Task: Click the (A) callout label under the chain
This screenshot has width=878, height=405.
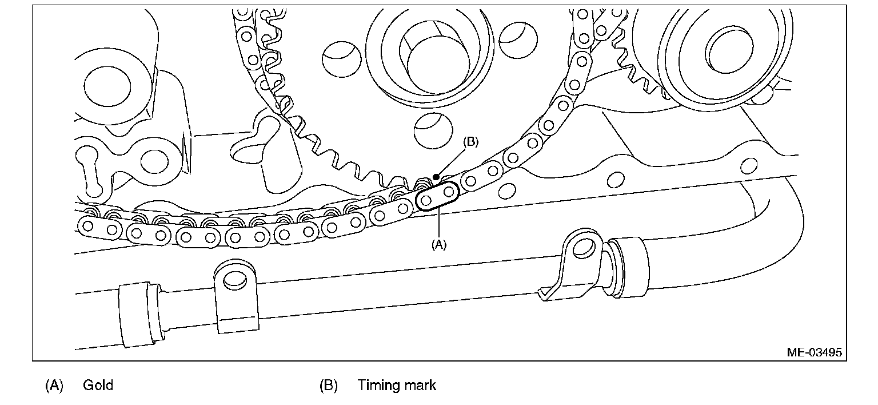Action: tap(438, 244)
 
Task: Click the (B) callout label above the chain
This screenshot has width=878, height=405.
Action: tap(470, 142)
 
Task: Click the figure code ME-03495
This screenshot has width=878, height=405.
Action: tap(814, 352)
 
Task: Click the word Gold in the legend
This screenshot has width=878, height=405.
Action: tap(98, 385)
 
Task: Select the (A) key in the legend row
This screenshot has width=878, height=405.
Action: tap(54, 385)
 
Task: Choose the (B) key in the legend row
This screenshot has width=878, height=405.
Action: tap(328, 385)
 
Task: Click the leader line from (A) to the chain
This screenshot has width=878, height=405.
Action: tap(438, 223)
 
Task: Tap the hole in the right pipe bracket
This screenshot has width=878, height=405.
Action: tap(583, 247)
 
